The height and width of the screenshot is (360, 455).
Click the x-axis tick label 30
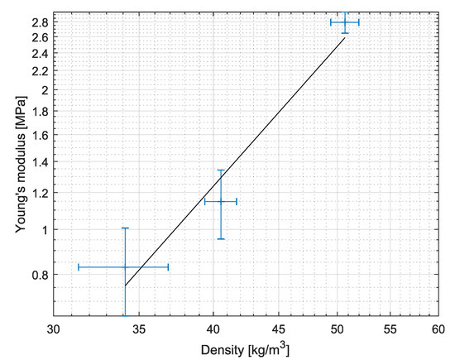click(x=54, y=327)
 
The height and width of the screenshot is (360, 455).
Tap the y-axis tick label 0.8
click(x=40, y=275)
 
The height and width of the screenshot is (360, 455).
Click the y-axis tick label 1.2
click(x=40, y=193)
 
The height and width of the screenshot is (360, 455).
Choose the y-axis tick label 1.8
click(x=40, y=111)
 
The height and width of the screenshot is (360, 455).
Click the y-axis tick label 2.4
click(x=40, y=53)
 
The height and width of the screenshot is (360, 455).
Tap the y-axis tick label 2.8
click(x=40, y=22)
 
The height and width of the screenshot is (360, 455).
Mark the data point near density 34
click(x=125, y=266)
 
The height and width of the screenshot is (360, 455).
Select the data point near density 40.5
click(x=221, y=201)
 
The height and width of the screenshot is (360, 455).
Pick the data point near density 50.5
click(x=345, y=22)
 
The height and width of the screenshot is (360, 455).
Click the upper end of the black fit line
click(x=345, y=37)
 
